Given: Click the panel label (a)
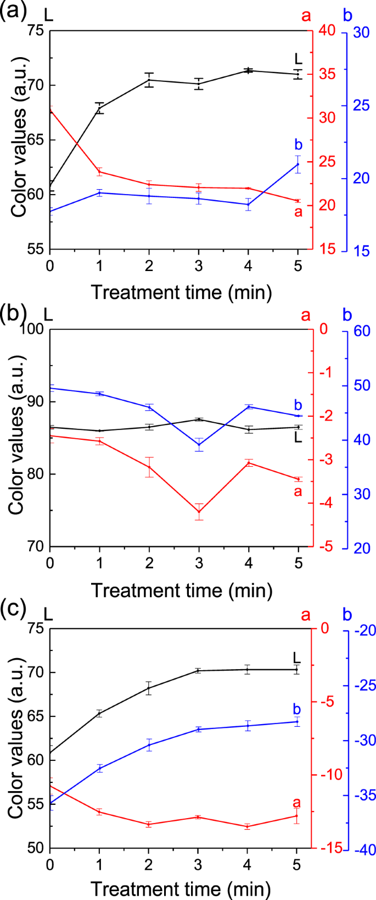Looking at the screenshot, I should [13, 12].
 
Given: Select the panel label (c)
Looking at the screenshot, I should [13, 609].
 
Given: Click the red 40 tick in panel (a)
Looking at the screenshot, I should [327, 31].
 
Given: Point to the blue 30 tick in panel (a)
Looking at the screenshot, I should [361, 32].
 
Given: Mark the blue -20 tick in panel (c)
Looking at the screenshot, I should [364, 631].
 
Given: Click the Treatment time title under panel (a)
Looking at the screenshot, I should [181, 292].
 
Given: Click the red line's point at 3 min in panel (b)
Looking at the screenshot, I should [199, 512].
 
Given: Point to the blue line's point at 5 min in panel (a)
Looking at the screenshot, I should [298, 164].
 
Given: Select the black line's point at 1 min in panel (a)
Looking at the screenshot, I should [99, 108].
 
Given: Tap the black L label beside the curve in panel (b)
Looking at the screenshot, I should [298, 438].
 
